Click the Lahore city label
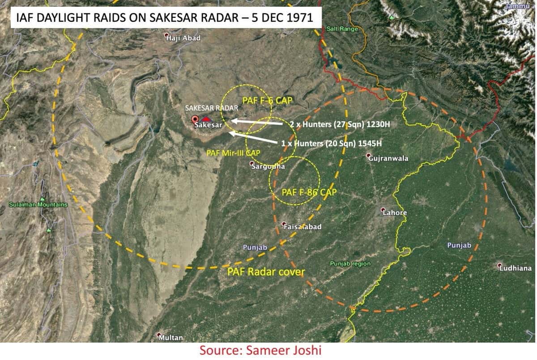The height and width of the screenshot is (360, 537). tap(395, 213)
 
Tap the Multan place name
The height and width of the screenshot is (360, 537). tap(170, 337)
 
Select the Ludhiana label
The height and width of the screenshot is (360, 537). tap(516, 268)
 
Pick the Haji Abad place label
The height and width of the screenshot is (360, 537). tap(183, 38)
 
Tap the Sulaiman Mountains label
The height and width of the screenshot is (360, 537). tap(38, 205)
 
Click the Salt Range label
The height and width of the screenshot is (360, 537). tap(342, 29)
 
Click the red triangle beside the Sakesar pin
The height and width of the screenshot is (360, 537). tap(206, 119)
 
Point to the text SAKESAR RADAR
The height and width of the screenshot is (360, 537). tap(212, 108)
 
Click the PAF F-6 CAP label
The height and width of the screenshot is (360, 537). tap(267, 100)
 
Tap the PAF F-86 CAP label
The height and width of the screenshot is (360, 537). tap(309, 192)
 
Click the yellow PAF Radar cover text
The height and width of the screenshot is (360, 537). tap(266, 271)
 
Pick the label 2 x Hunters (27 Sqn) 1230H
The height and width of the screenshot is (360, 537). tap(341, 125)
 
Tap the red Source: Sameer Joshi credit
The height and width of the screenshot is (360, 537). tap(260, 350)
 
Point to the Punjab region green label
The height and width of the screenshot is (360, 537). tap(350, 263)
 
